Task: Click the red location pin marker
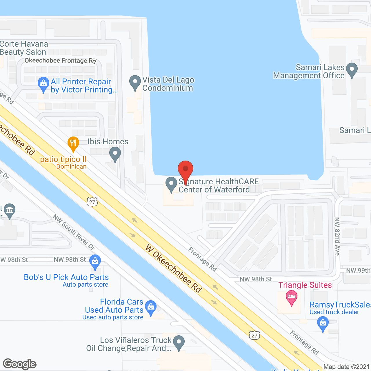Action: point(185,169)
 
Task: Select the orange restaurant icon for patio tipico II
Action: point(73,143)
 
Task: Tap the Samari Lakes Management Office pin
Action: point(352,70)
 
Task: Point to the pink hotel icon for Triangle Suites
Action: point(292,297)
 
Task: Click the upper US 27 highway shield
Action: point(92,202)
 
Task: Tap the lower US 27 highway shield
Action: point(254,335)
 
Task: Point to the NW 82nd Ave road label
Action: point(337,236)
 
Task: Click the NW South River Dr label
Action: point(74,232)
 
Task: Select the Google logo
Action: point(20,364)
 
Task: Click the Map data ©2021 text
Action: point(346,367)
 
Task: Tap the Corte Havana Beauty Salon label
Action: point(24,48)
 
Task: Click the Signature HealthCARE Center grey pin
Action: point(171,183)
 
